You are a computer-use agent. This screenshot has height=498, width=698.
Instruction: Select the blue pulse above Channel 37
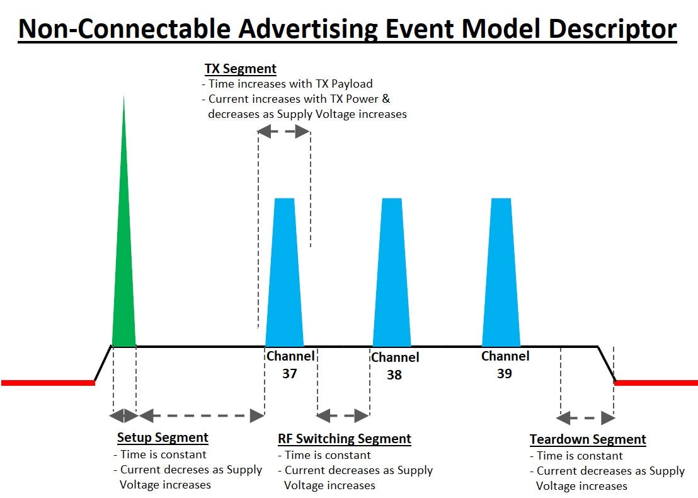coord(285,277)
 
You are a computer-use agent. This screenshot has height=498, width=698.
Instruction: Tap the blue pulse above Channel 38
coord(392,277)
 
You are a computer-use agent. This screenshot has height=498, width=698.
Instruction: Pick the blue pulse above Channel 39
coord(501,277)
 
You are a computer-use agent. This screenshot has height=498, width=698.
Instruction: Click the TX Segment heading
coord(241,69)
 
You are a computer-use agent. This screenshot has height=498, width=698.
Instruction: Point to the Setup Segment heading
coord(163,437)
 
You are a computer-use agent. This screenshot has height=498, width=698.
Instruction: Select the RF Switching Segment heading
coord(345,439)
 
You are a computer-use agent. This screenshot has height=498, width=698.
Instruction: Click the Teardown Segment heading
coord(588,439)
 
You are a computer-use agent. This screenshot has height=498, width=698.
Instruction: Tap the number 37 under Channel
coord(290,373)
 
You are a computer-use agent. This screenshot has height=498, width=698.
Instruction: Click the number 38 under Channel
coord(394,374)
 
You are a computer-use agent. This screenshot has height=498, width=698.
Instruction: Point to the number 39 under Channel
coord(504,373)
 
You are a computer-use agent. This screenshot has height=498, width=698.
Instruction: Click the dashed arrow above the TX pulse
coord(284,132)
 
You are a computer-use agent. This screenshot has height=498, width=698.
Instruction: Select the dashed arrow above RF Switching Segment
coord(343,415)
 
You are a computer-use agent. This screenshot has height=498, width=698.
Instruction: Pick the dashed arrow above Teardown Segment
coord(586,417)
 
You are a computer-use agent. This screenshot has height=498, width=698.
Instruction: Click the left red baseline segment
coord(47,383)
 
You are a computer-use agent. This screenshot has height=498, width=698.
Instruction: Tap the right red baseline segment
coord(656,383)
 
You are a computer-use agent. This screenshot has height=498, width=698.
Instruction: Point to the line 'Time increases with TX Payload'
coord(290,84)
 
